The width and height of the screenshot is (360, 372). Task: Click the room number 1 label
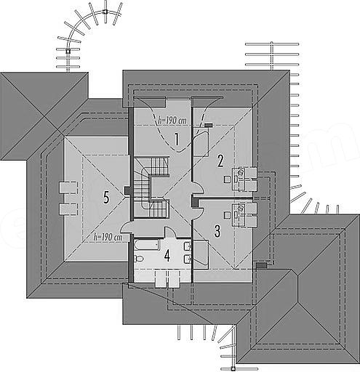[177, 139]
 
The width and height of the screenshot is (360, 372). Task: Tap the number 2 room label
[220, 161]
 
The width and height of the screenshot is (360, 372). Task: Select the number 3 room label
[217, 231]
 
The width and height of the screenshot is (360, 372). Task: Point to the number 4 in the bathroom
[167, 256]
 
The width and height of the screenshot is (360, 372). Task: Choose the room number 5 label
[106, 197]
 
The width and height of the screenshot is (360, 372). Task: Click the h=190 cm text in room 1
[172, 121]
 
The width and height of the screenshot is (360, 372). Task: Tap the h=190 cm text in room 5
[108, 238]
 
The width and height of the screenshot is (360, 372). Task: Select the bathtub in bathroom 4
[146, 245]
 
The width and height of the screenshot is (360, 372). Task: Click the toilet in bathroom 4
[139, 259]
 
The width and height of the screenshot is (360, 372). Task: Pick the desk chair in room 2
[228, 179]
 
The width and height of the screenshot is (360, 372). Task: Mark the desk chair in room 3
[228, 214]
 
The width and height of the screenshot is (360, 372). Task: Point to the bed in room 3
[201, 254]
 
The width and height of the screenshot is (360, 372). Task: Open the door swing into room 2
[199, 188]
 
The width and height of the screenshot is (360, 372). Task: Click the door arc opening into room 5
[127, 227]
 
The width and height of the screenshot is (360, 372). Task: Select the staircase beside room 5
[151, 187]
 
